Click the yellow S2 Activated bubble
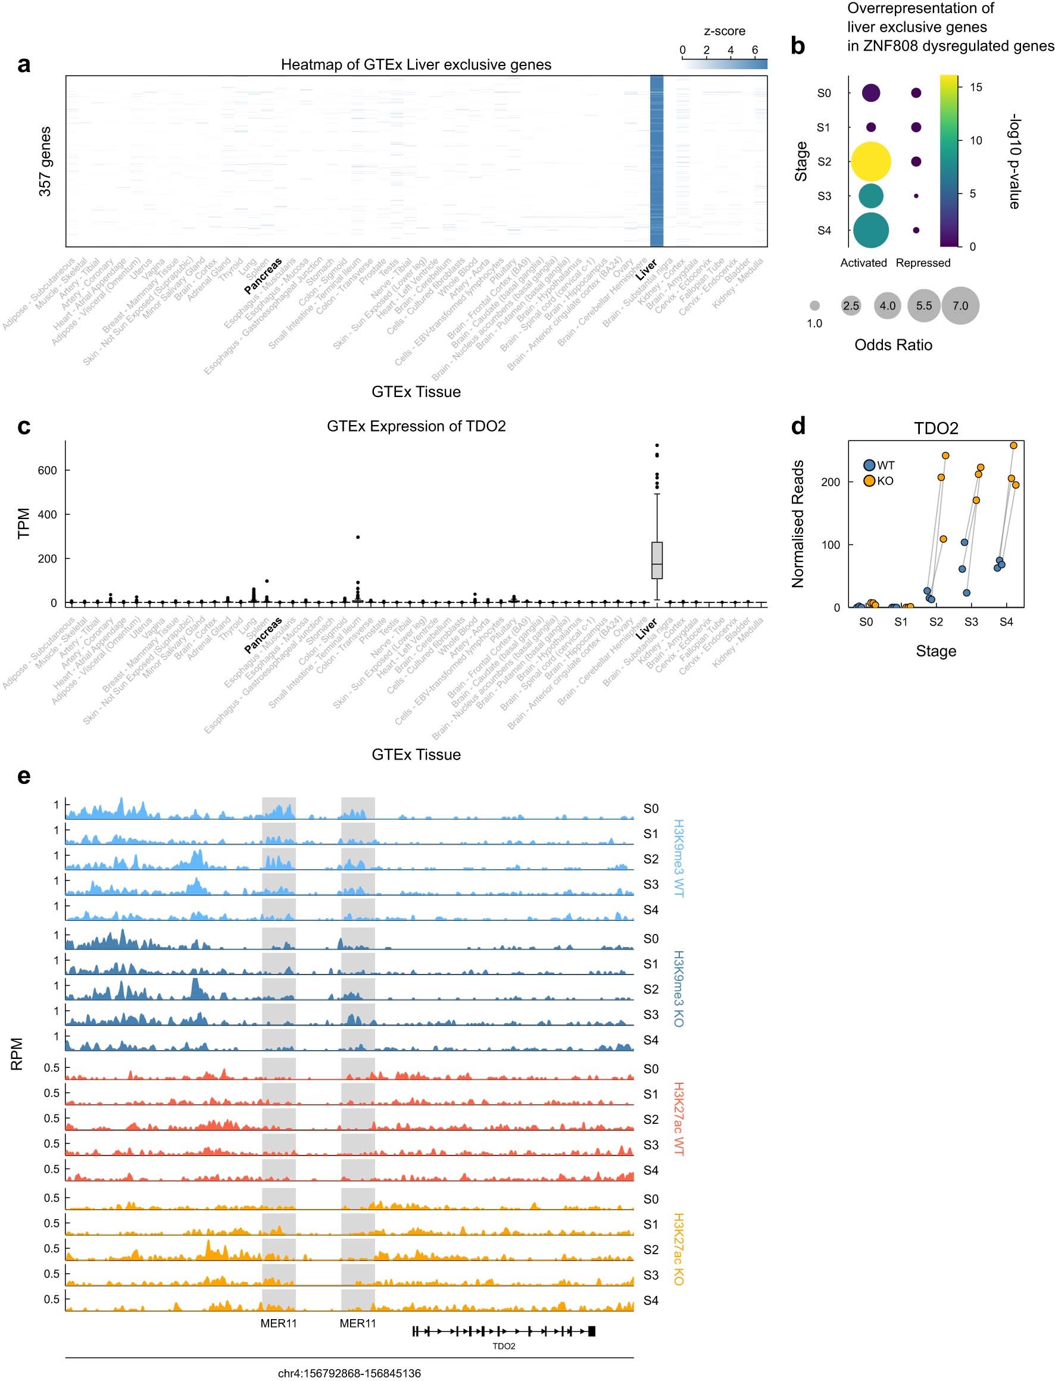(870, 161)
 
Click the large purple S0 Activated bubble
(870, 93)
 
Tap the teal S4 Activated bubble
(870, 230)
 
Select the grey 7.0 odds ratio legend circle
(960, 306)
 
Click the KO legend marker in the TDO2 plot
(869, 481)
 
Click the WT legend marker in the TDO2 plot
(869, 465)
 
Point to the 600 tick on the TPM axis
(47, 470)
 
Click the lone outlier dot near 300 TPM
(358, 538)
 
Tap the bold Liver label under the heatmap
(646, 270)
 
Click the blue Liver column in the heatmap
(656, 161)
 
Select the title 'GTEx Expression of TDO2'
(416, 426)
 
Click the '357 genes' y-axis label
(45, 161)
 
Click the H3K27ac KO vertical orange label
(678, 1249)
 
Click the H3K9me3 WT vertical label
(678, 858)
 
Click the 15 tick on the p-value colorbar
(975, 88)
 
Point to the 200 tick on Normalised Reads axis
(830, 482)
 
